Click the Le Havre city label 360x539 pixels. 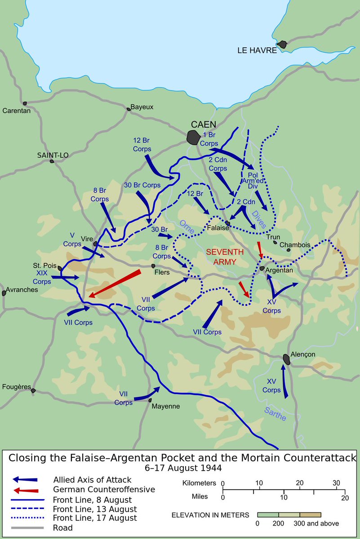click(x=257, y=50)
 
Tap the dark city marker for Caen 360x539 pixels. click(x=193, y=137)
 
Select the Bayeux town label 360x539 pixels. click(x=142, y=107)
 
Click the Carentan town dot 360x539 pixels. click(x=25, y=103)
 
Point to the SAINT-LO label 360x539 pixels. click(x=53, y=155)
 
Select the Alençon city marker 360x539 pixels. click(x=286, y=359)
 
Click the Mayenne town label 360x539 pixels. click(x=166, y=406)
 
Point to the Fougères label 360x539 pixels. click(x=16, y=386)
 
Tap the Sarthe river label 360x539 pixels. click(x=275, y=414)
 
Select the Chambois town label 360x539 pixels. click(x=294, y=245)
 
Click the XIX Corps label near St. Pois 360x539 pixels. click(x=42, y=277)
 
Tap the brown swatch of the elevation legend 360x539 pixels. click(x=310, y=514)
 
